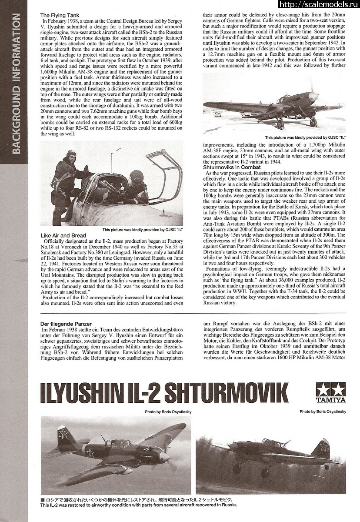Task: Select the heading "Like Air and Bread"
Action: (x=63, y=235)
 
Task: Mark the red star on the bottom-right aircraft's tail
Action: (x=323, y=447)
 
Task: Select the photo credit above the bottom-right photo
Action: (x=323, y=411)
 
